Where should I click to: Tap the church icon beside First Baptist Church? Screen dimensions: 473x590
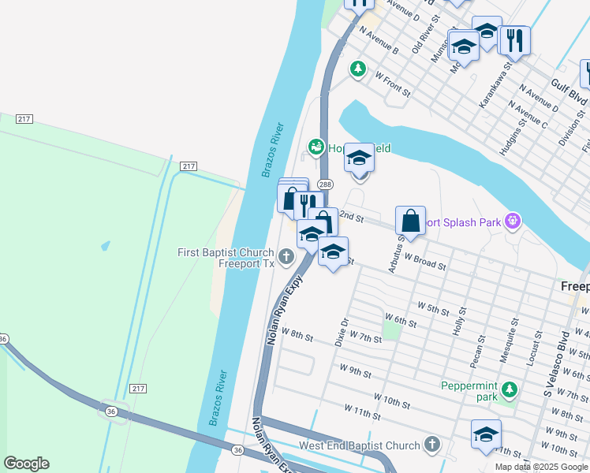click(286, 255)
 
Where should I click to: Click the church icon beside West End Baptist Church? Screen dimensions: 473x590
click(431, 445)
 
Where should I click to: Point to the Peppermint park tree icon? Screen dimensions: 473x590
click(510, 389)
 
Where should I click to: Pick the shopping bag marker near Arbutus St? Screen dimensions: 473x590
click(410, 222)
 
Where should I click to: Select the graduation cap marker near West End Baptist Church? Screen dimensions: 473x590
click(486, 434)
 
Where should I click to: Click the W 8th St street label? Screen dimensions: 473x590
click(297, 337)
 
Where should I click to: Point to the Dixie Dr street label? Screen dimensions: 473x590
click(342, 332)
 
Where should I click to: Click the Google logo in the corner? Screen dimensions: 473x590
click(26, 464)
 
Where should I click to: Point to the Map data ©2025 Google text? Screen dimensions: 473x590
click(541, 467)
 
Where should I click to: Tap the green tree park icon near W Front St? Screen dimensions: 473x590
click(358, 69)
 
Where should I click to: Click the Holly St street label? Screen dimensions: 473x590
click(459, 322)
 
